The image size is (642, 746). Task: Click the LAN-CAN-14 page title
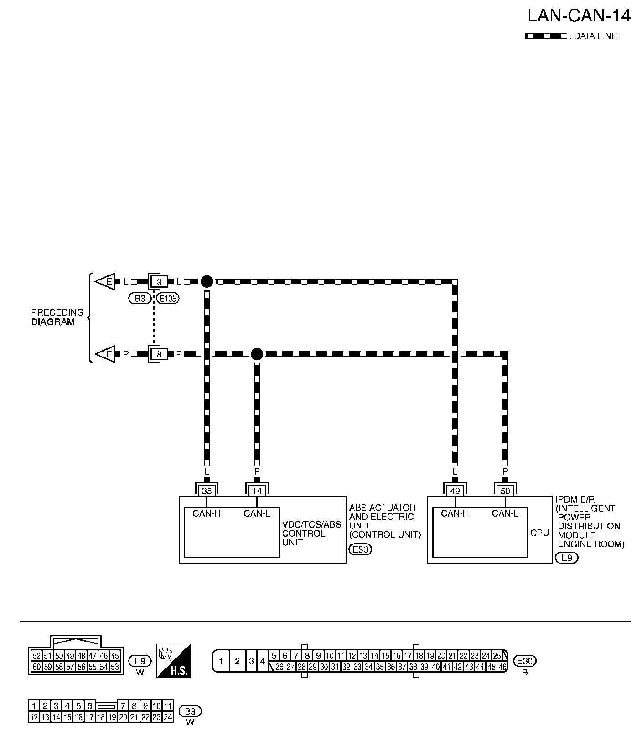pos(579,16)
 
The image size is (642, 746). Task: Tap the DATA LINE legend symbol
pos(546,36)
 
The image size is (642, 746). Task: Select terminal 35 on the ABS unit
pos(207,491)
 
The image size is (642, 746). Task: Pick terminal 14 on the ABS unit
pos(257,491)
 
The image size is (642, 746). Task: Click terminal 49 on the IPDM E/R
pos(455,491)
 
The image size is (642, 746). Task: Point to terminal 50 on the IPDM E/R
pos(505,491)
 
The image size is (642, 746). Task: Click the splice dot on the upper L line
pos(207,281)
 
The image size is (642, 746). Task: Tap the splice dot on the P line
pos(257,354)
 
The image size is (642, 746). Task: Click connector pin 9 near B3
pos(159,282)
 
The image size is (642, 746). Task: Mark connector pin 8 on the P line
pos(159,354)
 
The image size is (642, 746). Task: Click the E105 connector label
pos(168,299)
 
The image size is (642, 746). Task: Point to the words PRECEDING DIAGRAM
pos(57,317)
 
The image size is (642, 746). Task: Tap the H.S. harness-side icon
pos(173,661)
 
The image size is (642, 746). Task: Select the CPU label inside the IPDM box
pos(539,533)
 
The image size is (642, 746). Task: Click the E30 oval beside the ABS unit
pos(360,549)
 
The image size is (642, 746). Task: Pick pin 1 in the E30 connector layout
pos(221,661)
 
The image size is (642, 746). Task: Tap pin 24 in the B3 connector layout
pos(168,717)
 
